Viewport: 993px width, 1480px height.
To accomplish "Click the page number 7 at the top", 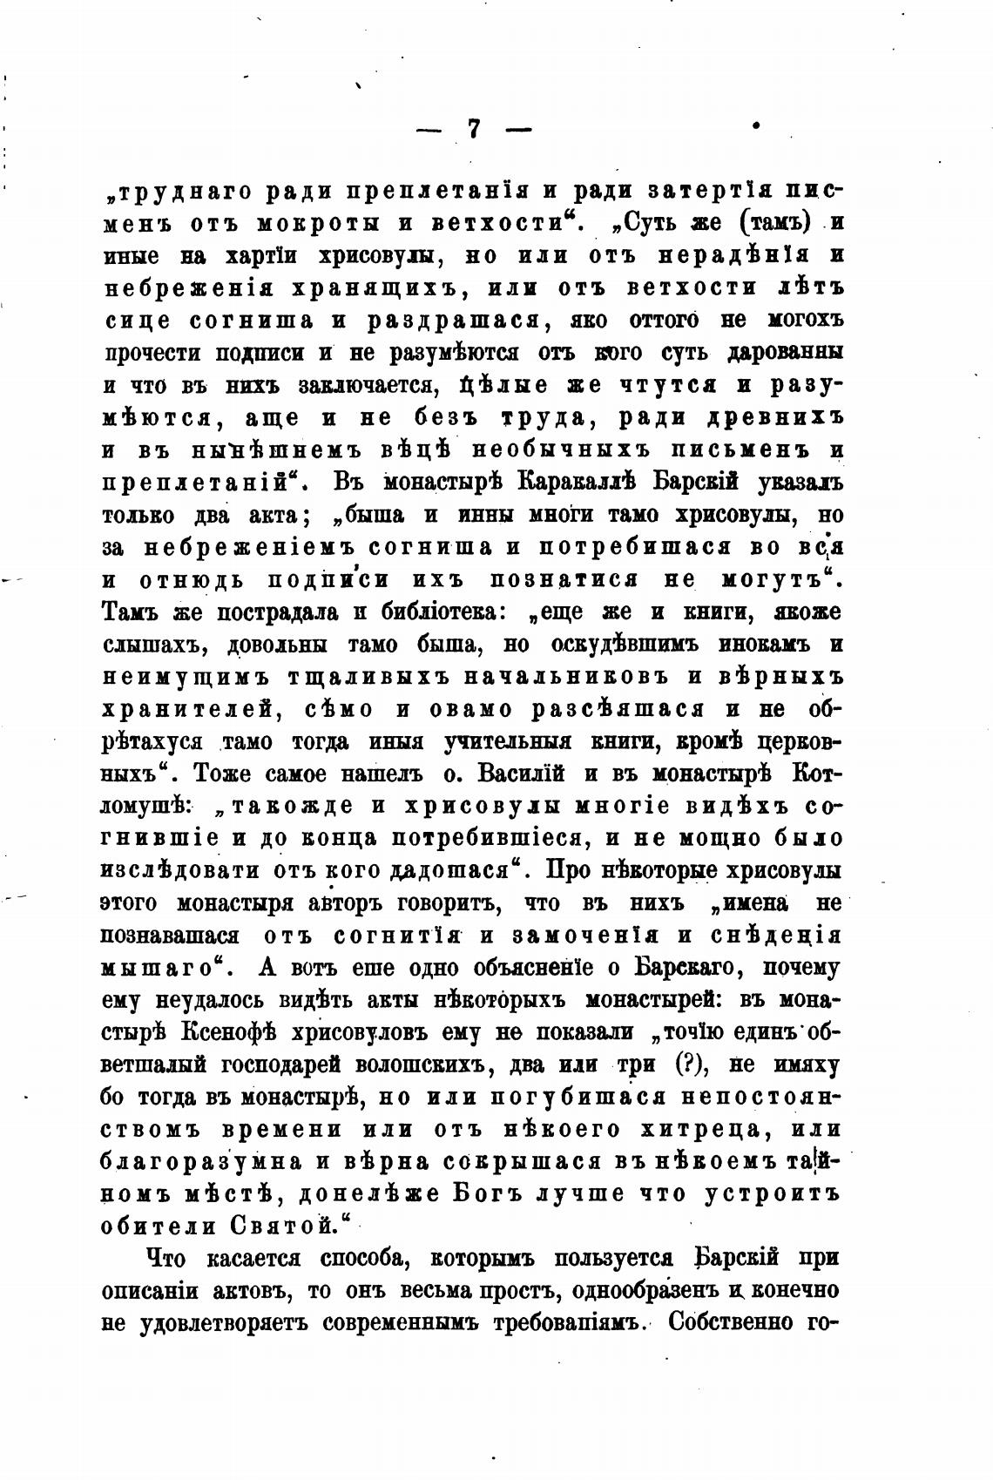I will (x=473, y=129).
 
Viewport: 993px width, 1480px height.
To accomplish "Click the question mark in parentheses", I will (x=691, y=1064).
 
